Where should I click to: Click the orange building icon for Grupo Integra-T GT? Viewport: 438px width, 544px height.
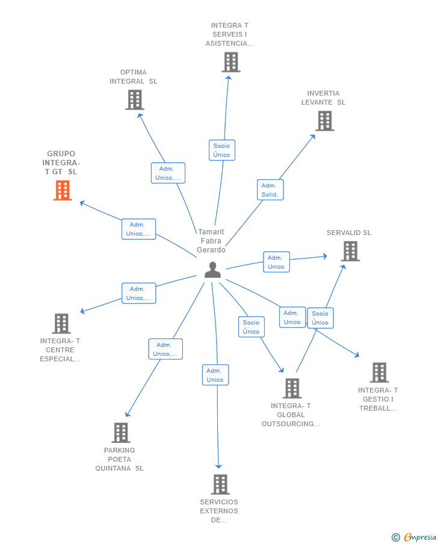coord(63,191)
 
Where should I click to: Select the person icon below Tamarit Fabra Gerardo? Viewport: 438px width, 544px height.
coord(212,270)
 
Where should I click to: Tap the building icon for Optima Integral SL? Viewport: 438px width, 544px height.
coord(135,100)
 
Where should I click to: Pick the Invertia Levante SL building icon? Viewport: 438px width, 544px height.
coord(325,121)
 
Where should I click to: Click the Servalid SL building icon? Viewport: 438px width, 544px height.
coord(350,251)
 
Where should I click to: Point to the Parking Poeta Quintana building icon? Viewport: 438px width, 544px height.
coord(121,433)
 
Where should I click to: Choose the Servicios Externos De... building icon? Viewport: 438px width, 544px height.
coord(220,484)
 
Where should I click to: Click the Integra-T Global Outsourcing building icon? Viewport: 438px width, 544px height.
coord(292,388)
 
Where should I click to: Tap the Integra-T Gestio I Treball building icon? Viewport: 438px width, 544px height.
coord(379,373)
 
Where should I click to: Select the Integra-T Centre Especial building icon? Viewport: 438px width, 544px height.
coord(61,323)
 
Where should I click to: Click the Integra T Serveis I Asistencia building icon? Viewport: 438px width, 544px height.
coord(231,62)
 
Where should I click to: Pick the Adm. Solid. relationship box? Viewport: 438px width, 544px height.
coord(270,190)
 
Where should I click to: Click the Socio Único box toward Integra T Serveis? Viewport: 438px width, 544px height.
coord(222,150)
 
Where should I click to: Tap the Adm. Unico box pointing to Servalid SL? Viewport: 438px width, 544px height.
coord(277,262)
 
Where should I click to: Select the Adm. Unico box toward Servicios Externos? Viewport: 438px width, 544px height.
coord(215,374)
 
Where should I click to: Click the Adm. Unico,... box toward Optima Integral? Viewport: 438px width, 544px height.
coord(168,173)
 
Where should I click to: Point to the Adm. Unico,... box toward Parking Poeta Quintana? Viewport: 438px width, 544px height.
coord(165,349)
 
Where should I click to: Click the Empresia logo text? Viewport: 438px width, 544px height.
coord(420,537)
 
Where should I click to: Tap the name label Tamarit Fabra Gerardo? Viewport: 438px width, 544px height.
coord(211,241)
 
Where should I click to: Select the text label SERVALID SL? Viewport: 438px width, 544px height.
coord(349,233)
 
